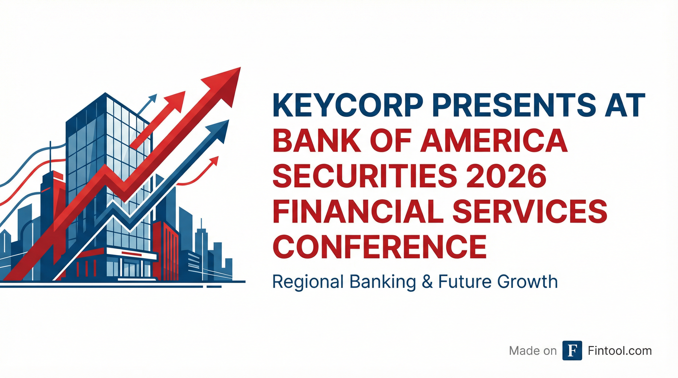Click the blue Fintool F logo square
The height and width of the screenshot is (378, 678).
pos(572,350)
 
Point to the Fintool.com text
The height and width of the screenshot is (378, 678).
pos(620,351)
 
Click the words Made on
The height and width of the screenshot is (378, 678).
pos(533,351)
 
